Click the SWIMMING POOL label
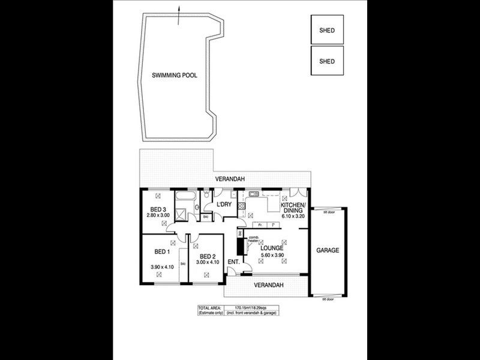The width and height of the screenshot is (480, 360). tap(174, 76)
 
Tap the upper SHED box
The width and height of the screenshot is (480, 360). tap(327, 29)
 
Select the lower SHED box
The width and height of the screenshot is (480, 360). tap(327, 61)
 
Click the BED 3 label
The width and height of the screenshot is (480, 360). tap(158, 209)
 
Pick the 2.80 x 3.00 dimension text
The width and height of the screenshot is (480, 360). tap(158, 215)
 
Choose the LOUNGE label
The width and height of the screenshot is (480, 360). tap(272, 248)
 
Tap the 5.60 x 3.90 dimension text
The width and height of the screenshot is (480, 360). tap(272, 256)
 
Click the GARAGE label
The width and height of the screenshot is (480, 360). tap(328, 250)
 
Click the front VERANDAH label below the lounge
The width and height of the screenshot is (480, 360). tap(268, 284)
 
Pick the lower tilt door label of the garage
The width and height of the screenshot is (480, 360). tap(328, 298)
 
